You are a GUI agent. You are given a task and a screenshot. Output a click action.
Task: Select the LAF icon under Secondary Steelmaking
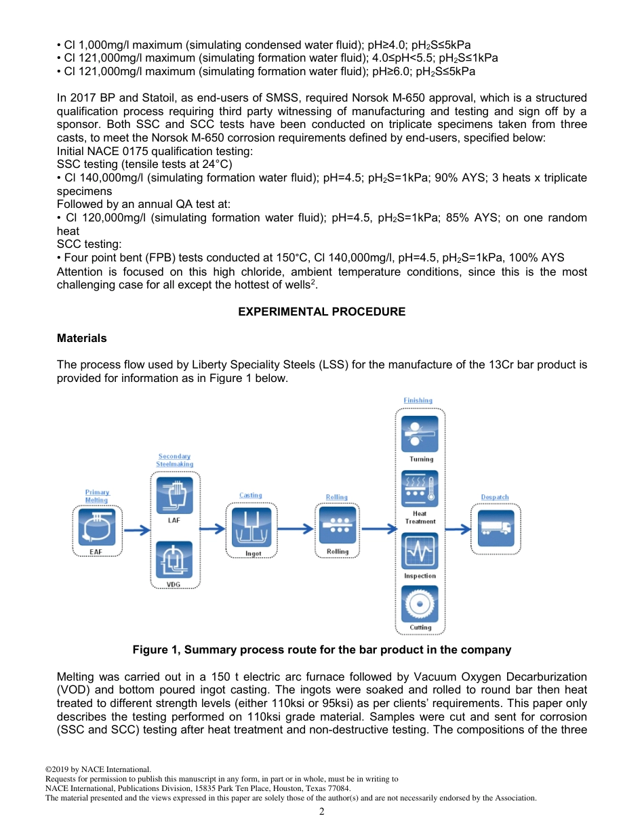click(x=174, y=496)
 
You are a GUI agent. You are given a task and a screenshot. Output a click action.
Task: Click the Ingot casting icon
click(x=251, y=526)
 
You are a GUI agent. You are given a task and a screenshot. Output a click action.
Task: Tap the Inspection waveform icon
click(x=420, y=551)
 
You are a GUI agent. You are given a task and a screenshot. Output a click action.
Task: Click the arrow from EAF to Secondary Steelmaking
click(x=136, y=530)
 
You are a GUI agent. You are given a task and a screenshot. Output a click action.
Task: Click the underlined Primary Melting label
click(x=97, y=496)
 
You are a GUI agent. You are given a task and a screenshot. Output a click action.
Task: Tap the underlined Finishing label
click(x=418, y=401)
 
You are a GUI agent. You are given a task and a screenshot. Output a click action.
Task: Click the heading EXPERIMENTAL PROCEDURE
click(x=322, y=312)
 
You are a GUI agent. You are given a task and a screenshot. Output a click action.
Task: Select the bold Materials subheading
click(x=81, y=337)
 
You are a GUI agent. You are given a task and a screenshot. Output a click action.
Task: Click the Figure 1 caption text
click(x=321, y=650)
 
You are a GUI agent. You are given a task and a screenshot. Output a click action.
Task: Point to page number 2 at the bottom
click(x=322, y=811)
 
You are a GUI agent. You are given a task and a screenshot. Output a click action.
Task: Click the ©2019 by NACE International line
click(x=98, y=769)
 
